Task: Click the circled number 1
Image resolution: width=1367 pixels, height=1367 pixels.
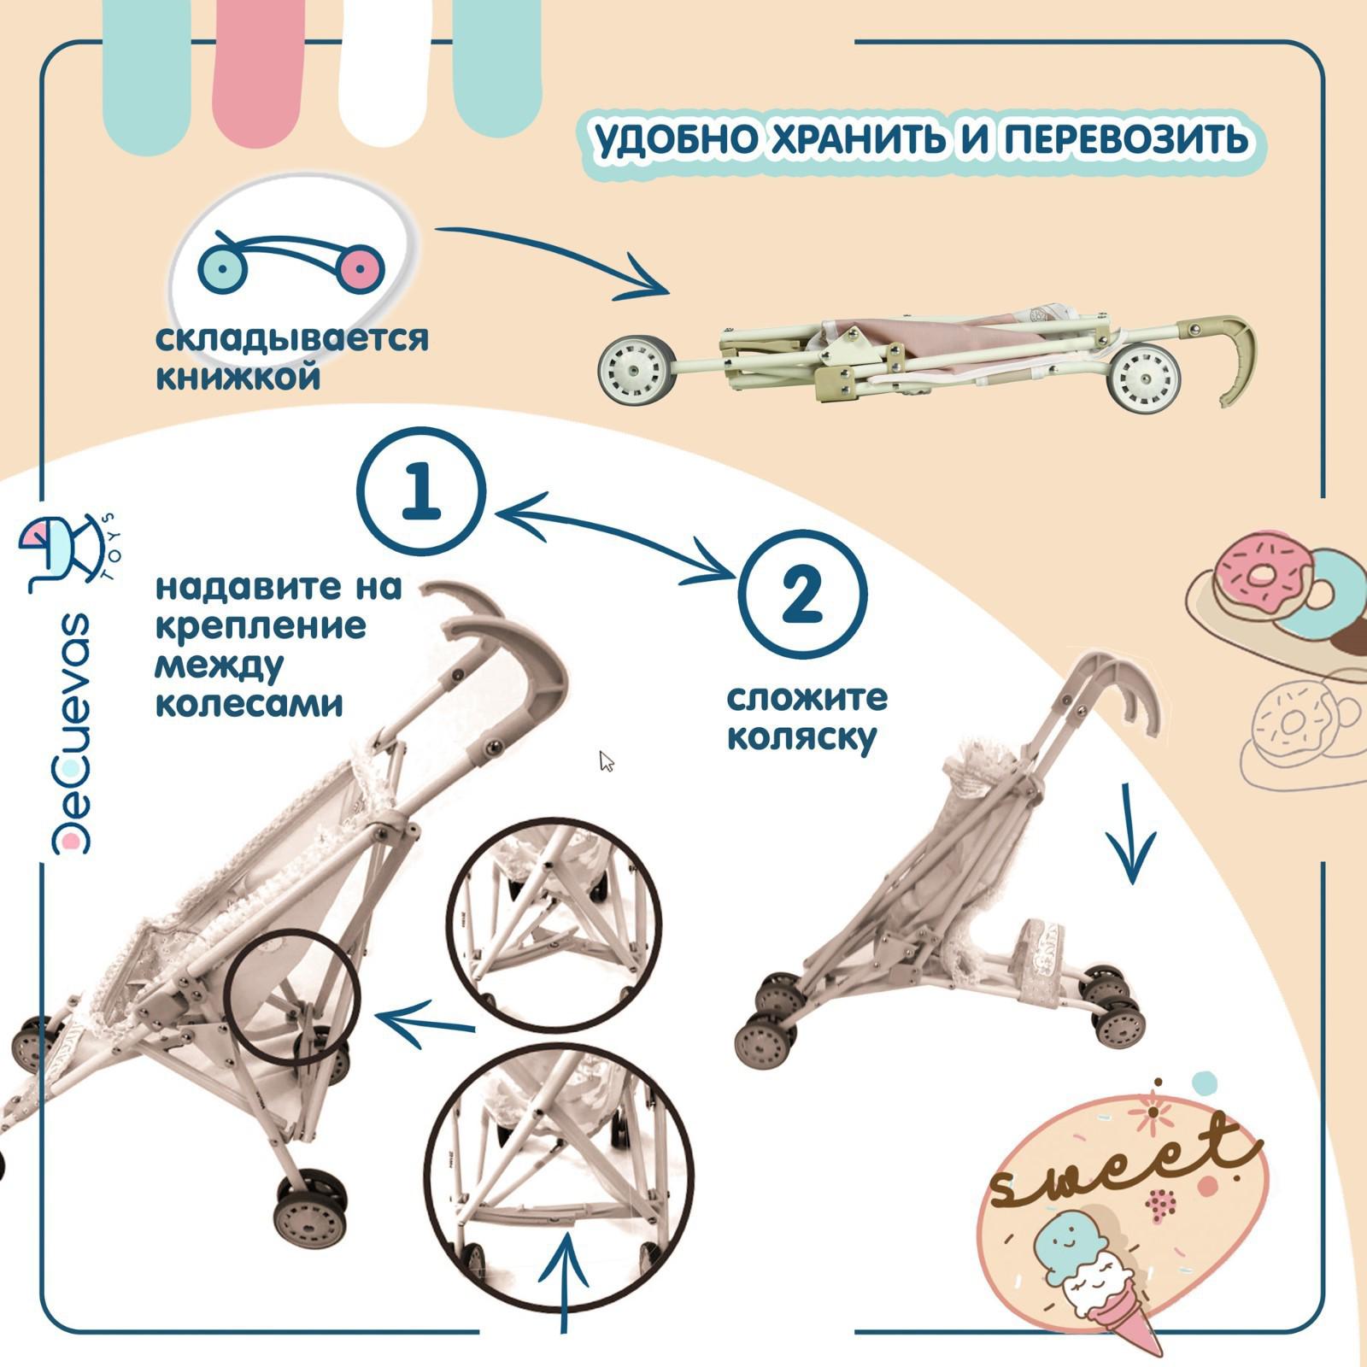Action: [x=420, y=492]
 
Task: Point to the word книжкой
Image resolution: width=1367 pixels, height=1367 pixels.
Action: [x=238, y=377]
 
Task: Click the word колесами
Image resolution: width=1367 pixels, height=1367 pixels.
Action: [x=249, y=704]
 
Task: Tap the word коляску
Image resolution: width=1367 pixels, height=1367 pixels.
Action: [x=801, y=736]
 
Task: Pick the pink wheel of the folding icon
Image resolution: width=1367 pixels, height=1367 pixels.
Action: [x=361, y=268]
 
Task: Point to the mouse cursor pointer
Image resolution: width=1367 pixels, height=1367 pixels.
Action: [x=607, y=760]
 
